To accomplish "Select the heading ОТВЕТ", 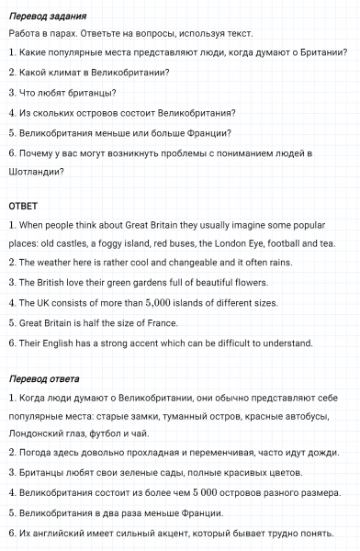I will (x=23, y=204).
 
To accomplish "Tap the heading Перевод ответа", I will (x=44, y=378).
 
